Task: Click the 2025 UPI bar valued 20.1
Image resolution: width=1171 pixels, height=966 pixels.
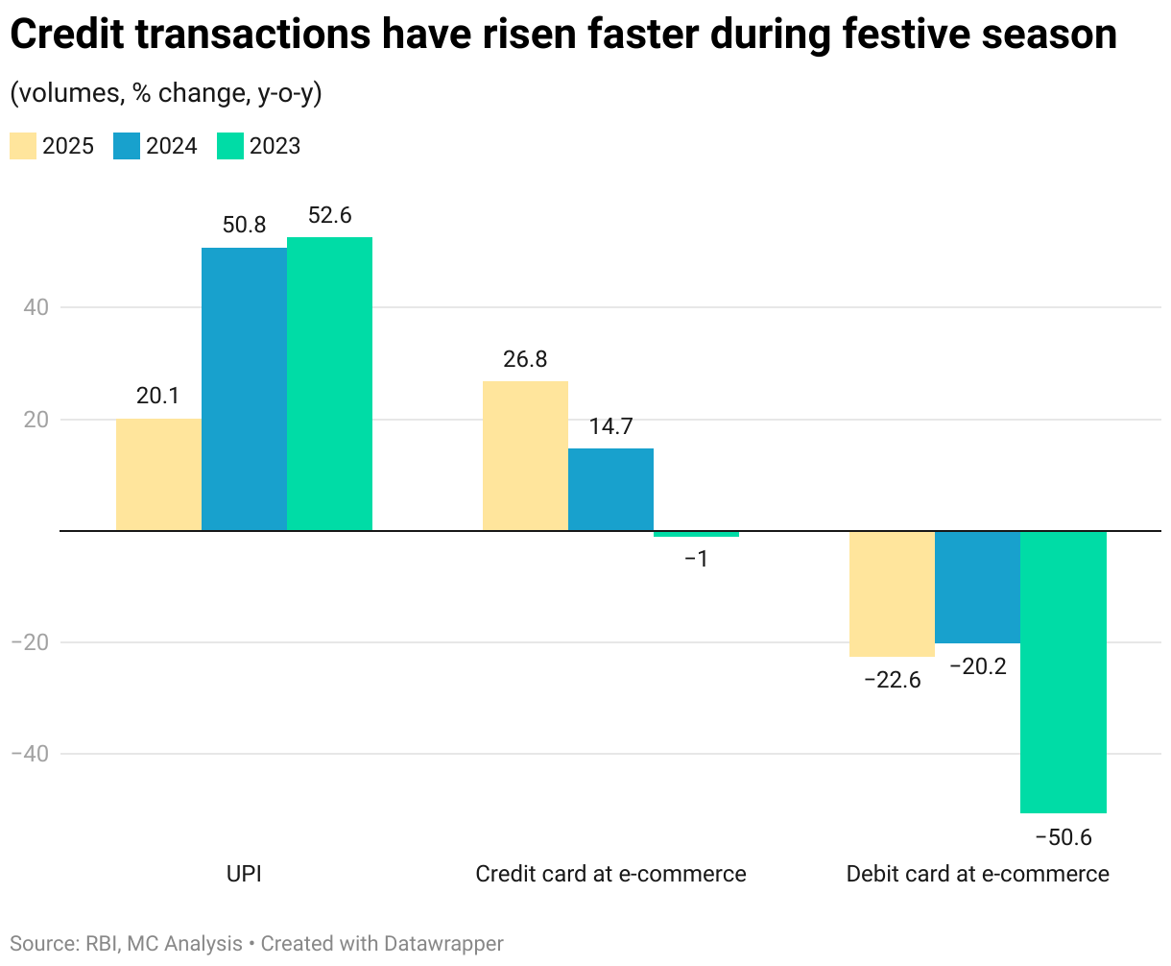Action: click(158, 474)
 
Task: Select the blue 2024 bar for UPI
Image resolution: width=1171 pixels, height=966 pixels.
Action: click(244, 389)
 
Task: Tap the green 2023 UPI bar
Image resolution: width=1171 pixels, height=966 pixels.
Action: click(329, 384)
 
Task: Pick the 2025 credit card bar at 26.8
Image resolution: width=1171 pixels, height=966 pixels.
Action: click(525, 456)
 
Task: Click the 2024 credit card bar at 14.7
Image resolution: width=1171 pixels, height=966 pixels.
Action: click(610, 490)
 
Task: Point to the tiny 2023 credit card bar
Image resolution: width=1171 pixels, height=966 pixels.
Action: click(696, 534)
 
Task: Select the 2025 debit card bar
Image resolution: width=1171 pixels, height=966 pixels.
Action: click(892, 593)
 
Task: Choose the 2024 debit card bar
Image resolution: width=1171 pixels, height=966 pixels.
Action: click(977, 587)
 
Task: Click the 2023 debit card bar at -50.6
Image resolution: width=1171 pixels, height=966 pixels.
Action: click(1063, 672)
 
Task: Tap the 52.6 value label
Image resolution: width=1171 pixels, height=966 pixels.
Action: click(329, 216)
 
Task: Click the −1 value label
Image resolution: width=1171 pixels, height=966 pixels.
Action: click(696, 559)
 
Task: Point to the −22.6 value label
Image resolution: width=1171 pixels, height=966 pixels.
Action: click(892, 681)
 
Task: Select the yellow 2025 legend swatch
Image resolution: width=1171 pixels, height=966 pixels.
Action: click(23, 146)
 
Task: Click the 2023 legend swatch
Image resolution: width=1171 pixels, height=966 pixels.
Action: click(230, 146)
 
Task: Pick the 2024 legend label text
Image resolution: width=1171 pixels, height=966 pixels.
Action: click(172, 146)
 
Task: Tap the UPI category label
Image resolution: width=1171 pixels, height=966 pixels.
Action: click(244, 874)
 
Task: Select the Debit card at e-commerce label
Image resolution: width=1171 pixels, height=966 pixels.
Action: click(977, 874)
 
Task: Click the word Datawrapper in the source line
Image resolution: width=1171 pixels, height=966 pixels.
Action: click(443, 944)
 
